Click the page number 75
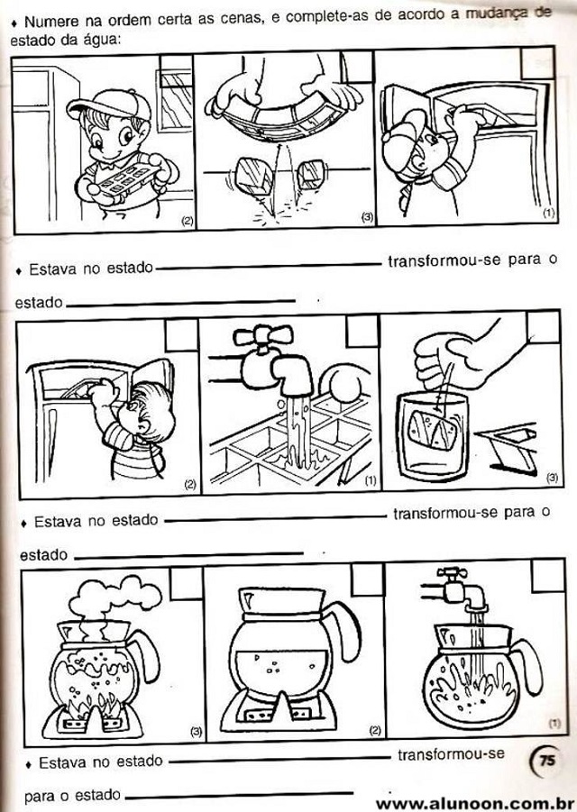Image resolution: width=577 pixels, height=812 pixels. (547, 762)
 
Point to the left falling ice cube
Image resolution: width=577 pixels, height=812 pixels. (254, 175)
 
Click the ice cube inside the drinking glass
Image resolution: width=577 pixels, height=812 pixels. (432, 430)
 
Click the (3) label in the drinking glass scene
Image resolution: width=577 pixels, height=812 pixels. (552, 478)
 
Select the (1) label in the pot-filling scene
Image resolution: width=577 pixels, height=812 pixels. (554, 724)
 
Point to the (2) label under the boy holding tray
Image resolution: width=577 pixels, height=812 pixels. (188, 221)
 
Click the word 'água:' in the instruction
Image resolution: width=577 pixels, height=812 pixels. (102, 40)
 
